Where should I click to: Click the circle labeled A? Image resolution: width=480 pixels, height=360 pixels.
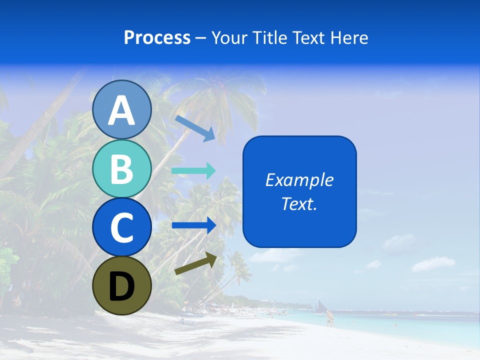[x=122, y=110]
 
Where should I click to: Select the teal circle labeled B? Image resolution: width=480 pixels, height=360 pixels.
[x=122, y=168]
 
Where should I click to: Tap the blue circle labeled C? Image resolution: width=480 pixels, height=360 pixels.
[x=122, y=227]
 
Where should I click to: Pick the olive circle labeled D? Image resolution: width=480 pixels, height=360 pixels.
[x=122, y=285]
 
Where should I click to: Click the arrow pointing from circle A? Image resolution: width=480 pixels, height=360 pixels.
[x=195, y=127]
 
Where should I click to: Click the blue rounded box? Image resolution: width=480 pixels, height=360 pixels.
[x=299, y=191]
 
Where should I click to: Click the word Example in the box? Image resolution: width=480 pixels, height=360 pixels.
[x=299, y=180]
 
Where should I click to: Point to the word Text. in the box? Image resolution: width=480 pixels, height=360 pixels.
[x=299, y=203]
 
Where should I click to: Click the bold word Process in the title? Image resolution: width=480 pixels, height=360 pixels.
[x=157, y=37]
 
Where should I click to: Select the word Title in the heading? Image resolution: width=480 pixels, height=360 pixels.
[x=270, y=37]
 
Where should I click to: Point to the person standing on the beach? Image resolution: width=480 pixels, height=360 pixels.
[x=329, y=318]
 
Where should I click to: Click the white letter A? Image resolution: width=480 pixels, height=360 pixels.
[x=122, y=110]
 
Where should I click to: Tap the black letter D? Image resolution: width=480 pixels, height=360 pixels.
[x=122, y=286]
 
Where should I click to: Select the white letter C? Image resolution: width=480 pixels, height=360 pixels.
[x=122, y=227]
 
